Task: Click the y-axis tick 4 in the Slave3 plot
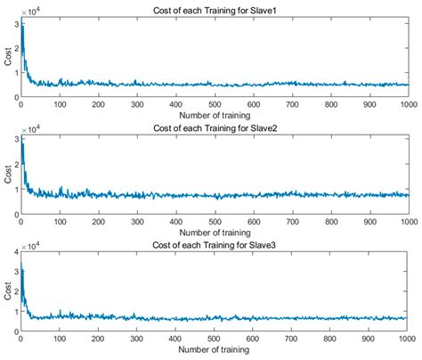click(x=13, y=254)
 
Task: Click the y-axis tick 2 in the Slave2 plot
click(x=13, y=164)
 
